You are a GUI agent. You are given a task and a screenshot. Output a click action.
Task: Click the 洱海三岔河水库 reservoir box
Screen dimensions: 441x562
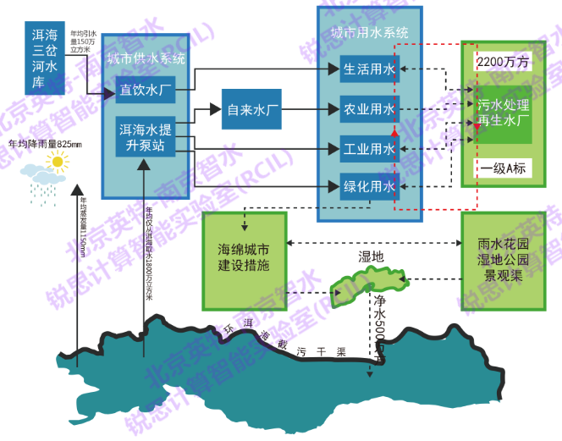tap(44, 56)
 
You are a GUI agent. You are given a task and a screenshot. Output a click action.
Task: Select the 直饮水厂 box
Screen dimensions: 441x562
tap(146, 89)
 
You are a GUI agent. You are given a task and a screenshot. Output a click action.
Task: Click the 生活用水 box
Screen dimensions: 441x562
tap(368, 70)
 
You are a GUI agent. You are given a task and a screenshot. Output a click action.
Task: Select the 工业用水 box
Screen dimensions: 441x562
tap(368, 149)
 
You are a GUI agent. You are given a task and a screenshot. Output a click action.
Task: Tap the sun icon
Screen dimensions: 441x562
tap(57, 161)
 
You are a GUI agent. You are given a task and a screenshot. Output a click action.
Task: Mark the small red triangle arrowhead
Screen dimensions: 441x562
tap(394, 133)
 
